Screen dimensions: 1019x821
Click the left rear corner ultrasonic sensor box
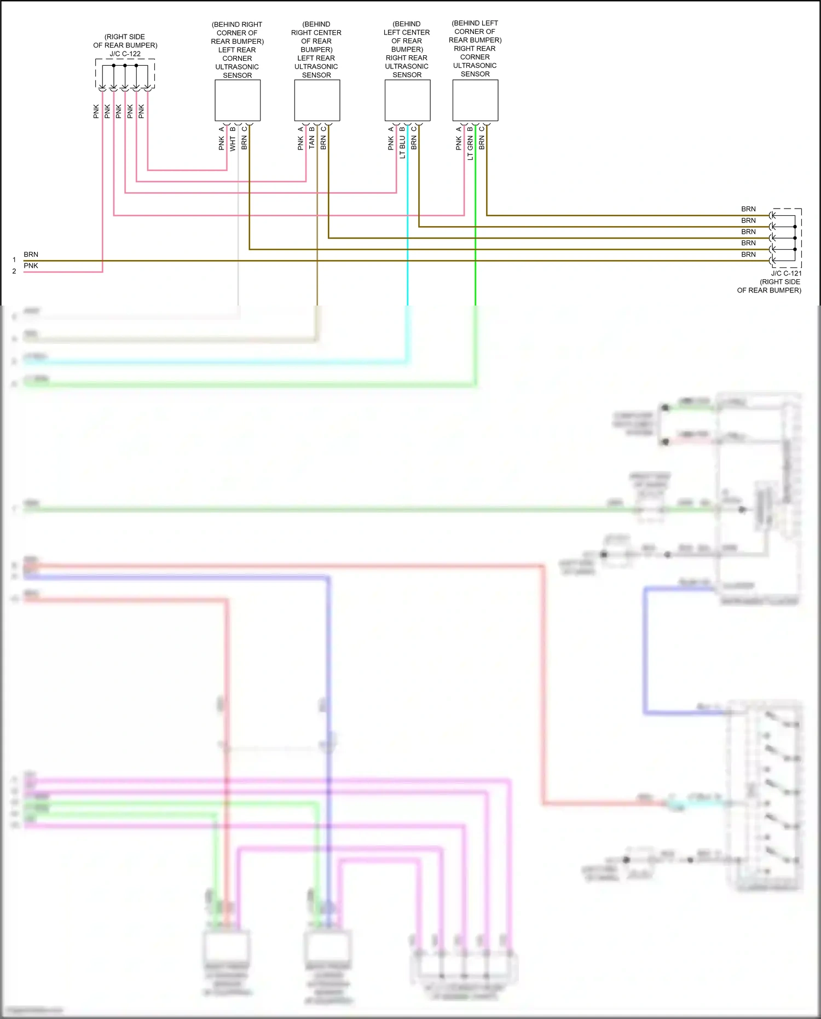pos(237,100)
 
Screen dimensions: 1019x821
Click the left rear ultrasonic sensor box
pos(317,100)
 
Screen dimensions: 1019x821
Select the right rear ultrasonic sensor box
pos(407,100)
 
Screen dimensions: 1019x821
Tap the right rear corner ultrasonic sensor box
pos(475,100)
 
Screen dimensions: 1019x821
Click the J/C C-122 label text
pos(125,54)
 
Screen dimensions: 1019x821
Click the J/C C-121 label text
pos(786,273)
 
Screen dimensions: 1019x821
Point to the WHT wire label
pos(233,143)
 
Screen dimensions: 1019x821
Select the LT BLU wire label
pos(402,147)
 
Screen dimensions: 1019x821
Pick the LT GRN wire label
pos(470,148)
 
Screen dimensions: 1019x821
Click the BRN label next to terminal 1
pos(31,255)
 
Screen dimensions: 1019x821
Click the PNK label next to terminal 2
pos(31,266)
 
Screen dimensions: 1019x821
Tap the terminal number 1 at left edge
pos(14,260)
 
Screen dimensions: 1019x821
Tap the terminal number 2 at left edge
pos(14,271)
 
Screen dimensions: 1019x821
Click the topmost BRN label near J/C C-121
pos(748,209)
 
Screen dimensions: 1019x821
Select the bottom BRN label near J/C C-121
pos(748,255)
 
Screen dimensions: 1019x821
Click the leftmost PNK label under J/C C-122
pos(96,111)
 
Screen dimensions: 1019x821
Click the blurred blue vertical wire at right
pos(645,652)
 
